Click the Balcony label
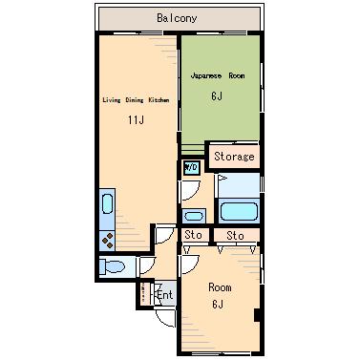(x=177, y=18)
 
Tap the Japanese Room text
(x=218, y=75)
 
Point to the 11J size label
(x=136, y=120)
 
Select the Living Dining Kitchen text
(x=136, y=100)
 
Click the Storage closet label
(x=234, y=157)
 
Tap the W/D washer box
(x=192, y=167)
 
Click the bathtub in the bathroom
(x=239, y=211)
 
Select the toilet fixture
(x=112, y=266)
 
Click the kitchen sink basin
(x=107, y=204)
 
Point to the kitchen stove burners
(x=107, y=241)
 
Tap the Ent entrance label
(x=165, y=295)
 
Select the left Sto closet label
(x=193, y=235)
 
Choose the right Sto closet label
(x=235, y=236)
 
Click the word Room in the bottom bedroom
(x=220, y=287)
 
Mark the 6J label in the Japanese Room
(x=217, y=95)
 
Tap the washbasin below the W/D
(x=194, y=216)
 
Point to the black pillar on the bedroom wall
(x=258, y=315)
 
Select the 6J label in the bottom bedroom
(x=218, y=305)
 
